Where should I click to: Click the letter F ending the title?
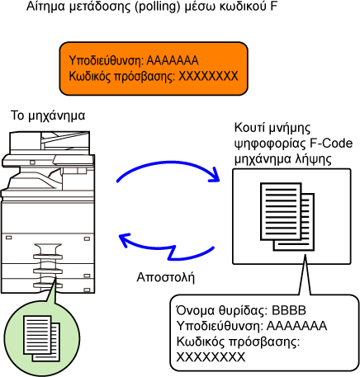point(273,7)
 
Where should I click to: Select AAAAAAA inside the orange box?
point(173,60)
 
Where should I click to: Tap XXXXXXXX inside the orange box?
point(208,76)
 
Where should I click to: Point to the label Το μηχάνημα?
point(48,115)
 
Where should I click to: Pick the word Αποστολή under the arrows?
point(166,278)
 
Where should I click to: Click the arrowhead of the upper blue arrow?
point(215,175)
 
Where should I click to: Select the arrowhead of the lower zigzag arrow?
point(125,240)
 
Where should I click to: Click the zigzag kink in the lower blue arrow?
point(172,252)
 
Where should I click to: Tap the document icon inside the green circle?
point(41,338)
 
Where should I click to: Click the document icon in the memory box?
point(287,217)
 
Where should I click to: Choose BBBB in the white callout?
point(289,310)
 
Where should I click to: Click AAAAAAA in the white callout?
point(296,326)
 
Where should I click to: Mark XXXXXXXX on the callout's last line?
point(211,357)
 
